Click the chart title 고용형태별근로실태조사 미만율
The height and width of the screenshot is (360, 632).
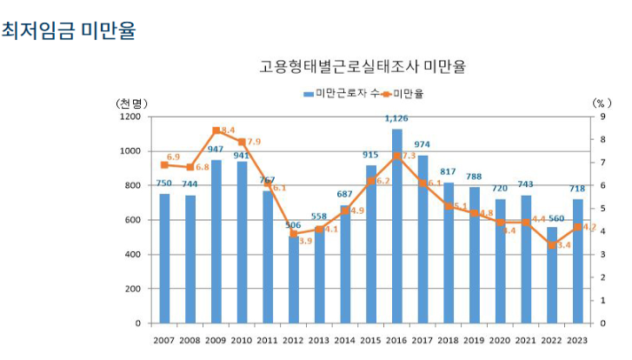coord(363,67)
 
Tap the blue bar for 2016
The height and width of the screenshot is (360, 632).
coord(396,226)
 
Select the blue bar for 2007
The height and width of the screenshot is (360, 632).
coord(164,258)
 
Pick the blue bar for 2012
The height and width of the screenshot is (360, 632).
coord(293,279)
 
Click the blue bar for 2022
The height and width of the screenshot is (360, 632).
coord(551,275)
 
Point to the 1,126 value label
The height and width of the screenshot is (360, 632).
coord(396,118)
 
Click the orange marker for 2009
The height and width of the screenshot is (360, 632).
coord(216,130)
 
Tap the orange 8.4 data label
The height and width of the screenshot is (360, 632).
coord(228,130)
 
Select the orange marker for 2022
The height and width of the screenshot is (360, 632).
coord(551,245)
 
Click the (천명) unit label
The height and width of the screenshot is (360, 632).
coord(131,103)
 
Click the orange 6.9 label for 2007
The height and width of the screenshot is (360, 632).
coord(173,157)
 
